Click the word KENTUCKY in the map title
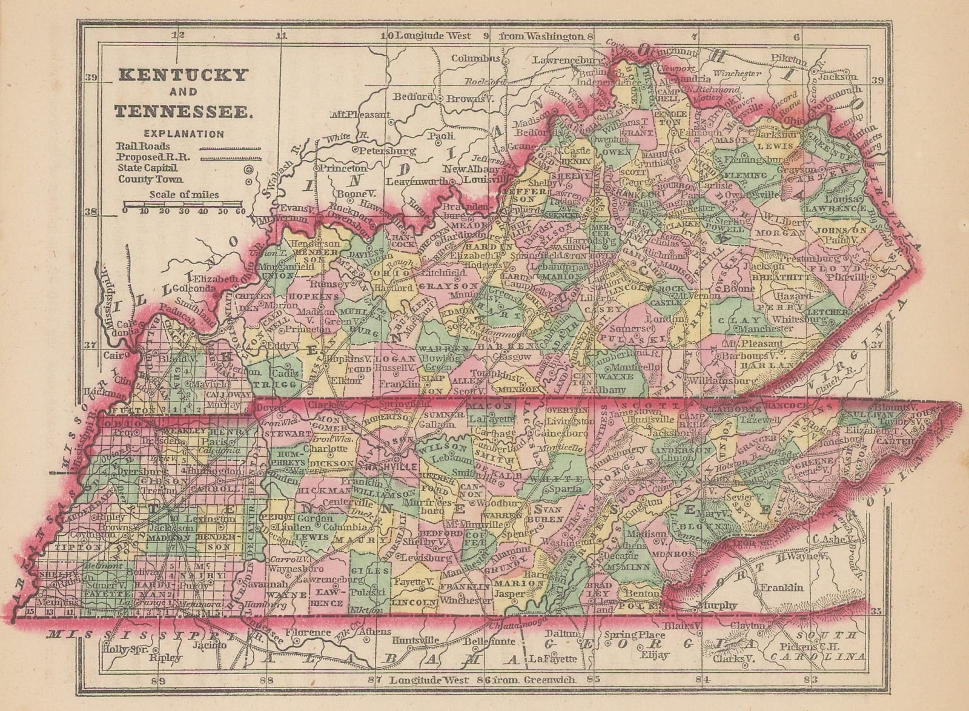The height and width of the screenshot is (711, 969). coord(182,75)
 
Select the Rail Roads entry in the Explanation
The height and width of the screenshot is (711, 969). coord(144,146)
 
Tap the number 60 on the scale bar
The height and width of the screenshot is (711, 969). coord(240,211)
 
